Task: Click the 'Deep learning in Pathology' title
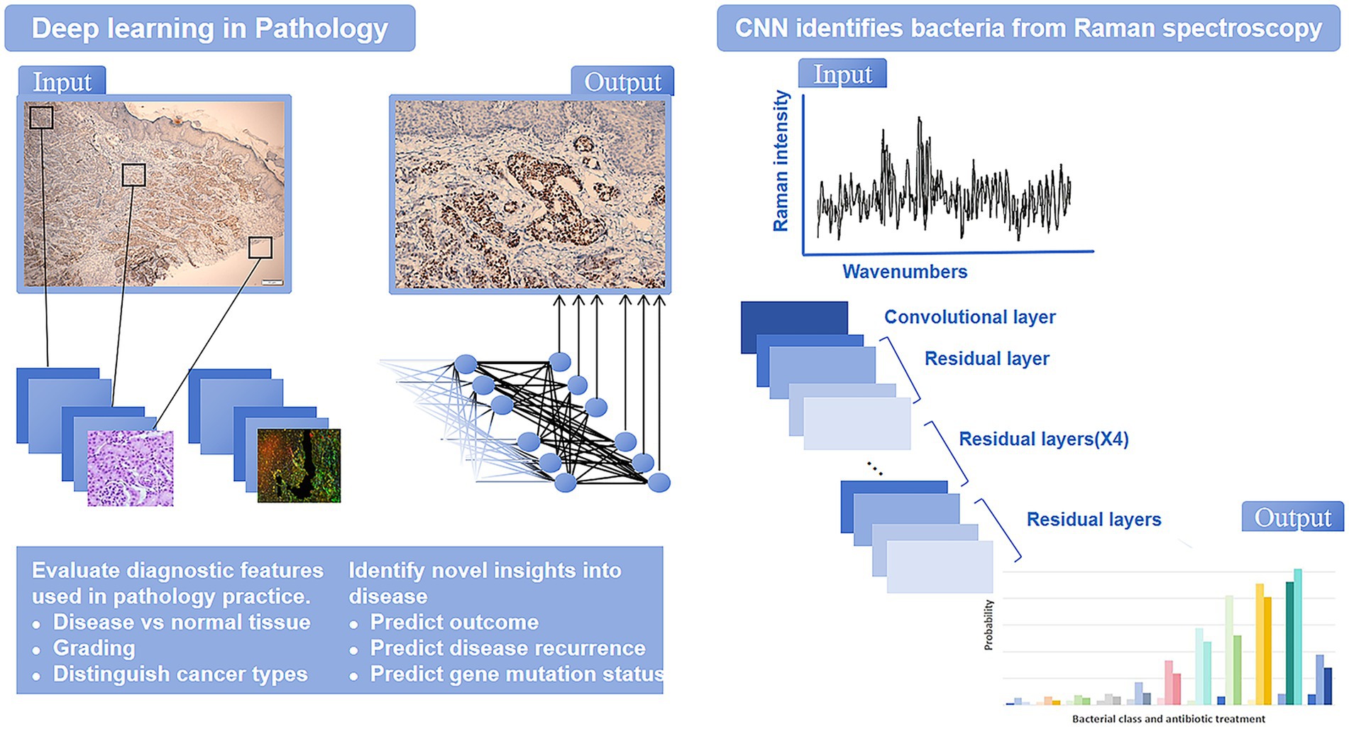pyautogui.click(x=209, y=28)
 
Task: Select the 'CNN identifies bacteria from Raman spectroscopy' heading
pyautogui.click(x=1028, y=28)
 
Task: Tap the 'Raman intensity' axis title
pyautogui.click(x=781, y=161)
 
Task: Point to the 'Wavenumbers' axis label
pyautogui.click(x=905, y=271)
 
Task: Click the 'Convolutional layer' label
pyautogui.click(x=969, y=317)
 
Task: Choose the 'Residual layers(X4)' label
pyautogui.click(x=1044, y=439)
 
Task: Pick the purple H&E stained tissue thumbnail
pyautogui.click(x=131, y=468)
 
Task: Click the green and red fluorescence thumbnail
pyautogui.click(x=299, y=466)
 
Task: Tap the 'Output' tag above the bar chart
pyautogui.click(x=1293, y=517)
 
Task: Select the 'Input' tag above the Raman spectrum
pyautogui.click(x=842, y=73)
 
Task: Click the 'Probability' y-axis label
pyautogui.click(x=989, y=625)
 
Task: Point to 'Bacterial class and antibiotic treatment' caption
pyautogui.click(x=1169, y=718)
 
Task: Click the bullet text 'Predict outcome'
pyautogui.click(x=454, y=622)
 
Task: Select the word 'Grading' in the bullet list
pyautogui.click(x=94, y=648)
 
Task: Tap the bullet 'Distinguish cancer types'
pyautogui.click(x=180, y=674)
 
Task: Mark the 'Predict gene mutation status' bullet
pyautogui.click(x=517, y=674)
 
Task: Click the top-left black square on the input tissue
pyautogui.click(x=41, y=118)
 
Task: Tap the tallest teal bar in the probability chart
pyautogui.click(x=1298, y=636)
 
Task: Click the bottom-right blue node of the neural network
pyautogui.click(x=659, y=483)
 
